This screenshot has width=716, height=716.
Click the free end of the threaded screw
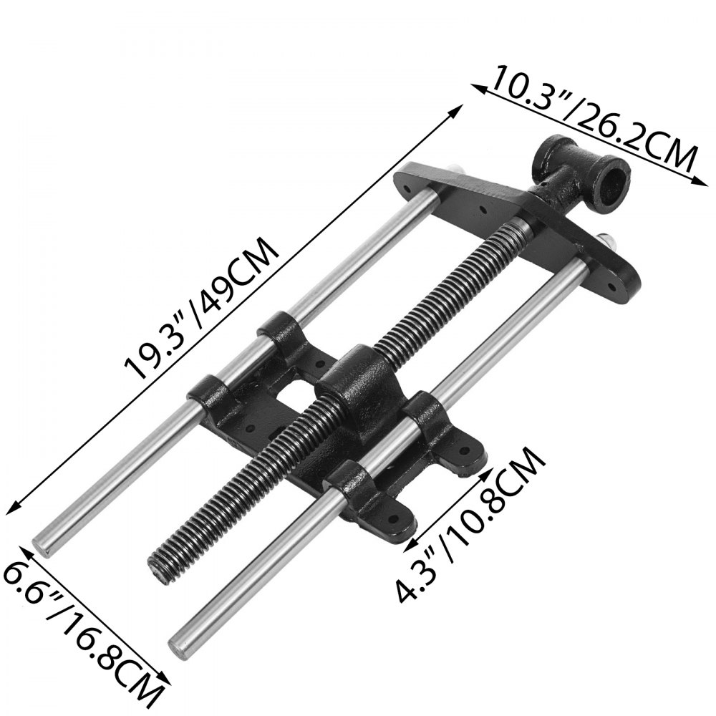160,569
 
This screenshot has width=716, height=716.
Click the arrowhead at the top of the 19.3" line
459,107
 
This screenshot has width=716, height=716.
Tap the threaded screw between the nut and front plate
458,286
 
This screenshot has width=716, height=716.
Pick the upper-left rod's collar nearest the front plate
282,329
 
